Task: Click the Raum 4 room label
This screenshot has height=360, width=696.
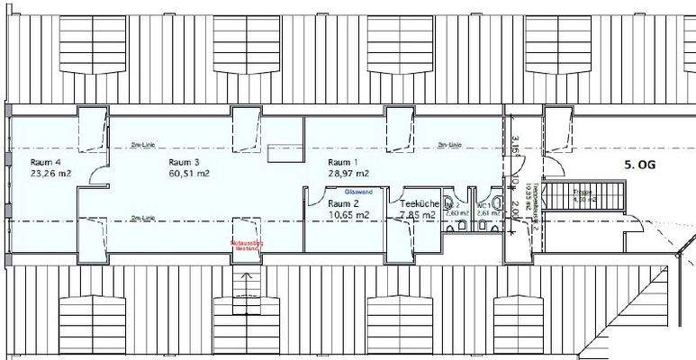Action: click(x=45, y=161)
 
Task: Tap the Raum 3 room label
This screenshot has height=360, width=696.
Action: click(x=185, y=162)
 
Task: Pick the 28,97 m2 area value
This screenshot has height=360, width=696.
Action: click(x=349, y=173)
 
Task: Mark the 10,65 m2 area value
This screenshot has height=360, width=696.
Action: click(x=348, y=215)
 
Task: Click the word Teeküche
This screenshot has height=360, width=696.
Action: click(x=420, y=204)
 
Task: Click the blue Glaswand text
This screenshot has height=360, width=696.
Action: click(x=347, y=192)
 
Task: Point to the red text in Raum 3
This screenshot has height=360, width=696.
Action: click(x=246, y=245)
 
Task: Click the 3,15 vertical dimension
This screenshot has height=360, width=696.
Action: click(x=516, y=144)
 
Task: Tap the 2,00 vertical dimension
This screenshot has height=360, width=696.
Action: click(x=516, y=210)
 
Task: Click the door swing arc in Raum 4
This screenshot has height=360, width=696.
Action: click(x=90, y=176)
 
